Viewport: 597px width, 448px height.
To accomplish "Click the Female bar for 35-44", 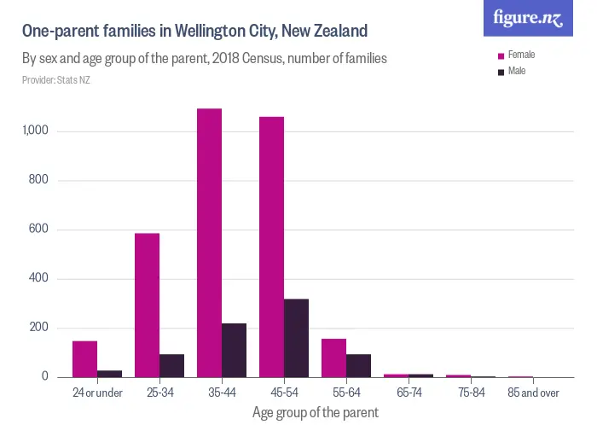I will click(209, 243).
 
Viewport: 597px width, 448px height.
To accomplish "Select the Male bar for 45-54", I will click(296, 338).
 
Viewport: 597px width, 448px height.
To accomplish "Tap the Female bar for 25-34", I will click(147, 305).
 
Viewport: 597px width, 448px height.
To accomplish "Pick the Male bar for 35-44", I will click(234, 350).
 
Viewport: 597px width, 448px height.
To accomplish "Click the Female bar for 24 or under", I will click(84, 359).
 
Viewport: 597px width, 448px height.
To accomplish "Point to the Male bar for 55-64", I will click(358, 365).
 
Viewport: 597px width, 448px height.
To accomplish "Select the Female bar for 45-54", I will click(271, 247).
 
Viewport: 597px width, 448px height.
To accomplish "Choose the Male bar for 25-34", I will click(171, 365).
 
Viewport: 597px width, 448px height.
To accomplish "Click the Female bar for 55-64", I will click(333, 358).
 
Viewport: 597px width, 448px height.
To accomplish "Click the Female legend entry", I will click(520, 55).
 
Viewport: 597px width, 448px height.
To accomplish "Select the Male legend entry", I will click(516, 71).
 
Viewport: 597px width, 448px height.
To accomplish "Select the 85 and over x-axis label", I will click(533, 393).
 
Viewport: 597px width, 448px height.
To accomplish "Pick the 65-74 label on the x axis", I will click(409, 393).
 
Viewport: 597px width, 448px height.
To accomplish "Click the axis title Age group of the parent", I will click(315, 412).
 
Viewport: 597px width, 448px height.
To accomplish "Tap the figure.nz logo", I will click(528, 18).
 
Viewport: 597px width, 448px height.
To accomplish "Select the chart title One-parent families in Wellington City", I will click(194, 32).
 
